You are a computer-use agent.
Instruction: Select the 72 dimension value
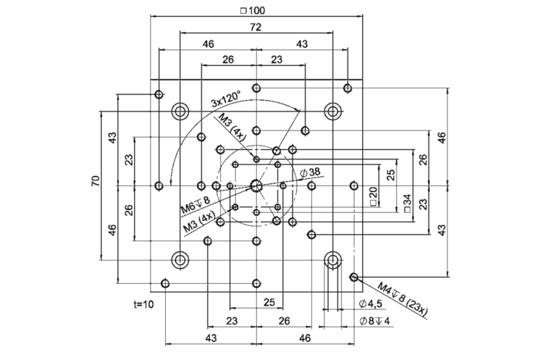click(256, 27)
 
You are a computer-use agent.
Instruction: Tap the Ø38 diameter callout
click(309, 172)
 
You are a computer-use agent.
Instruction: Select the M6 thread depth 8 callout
click(195, 205)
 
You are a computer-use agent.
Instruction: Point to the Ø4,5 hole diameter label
click(371, 304)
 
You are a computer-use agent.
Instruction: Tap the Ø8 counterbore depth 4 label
click(373, 320)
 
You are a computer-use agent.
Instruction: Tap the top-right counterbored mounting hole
click(333, 112)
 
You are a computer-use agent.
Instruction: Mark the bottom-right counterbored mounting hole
click(333, 259)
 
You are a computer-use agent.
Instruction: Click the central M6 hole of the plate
click(256, 185)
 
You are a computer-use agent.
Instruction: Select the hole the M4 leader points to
click(354, 277)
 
